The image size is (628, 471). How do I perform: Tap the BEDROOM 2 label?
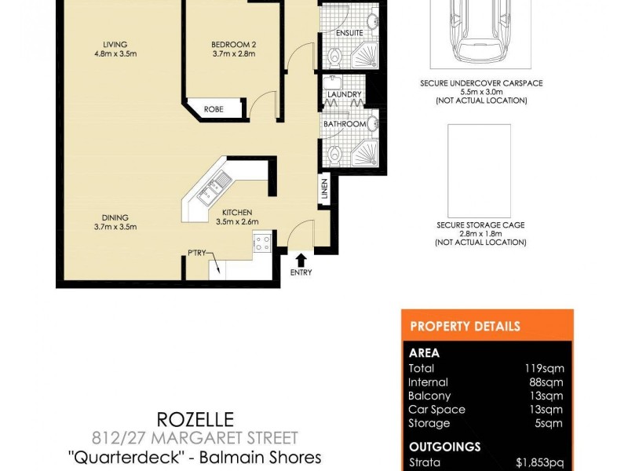coord(234,44)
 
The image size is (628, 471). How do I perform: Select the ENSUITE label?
coord(349,33)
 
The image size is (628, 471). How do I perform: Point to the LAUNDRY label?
coord(343,95)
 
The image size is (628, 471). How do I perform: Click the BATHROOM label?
coord(345,124)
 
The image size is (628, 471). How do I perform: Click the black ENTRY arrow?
coord(301,258)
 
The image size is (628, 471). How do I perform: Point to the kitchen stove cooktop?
coord(262,243)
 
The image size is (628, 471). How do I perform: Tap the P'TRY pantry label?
coord(196,253)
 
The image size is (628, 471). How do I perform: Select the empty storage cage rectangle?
coord(479,170)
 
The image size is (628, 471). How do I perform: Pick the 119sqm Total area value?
coord(544,368)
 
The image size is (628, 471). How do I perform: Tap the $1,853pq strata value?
coord(542,463)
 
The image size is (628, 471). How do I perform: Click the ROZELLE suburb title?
coord(207,420)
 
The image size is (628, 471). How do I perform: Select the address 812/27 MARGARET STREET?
coord(207,438)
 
